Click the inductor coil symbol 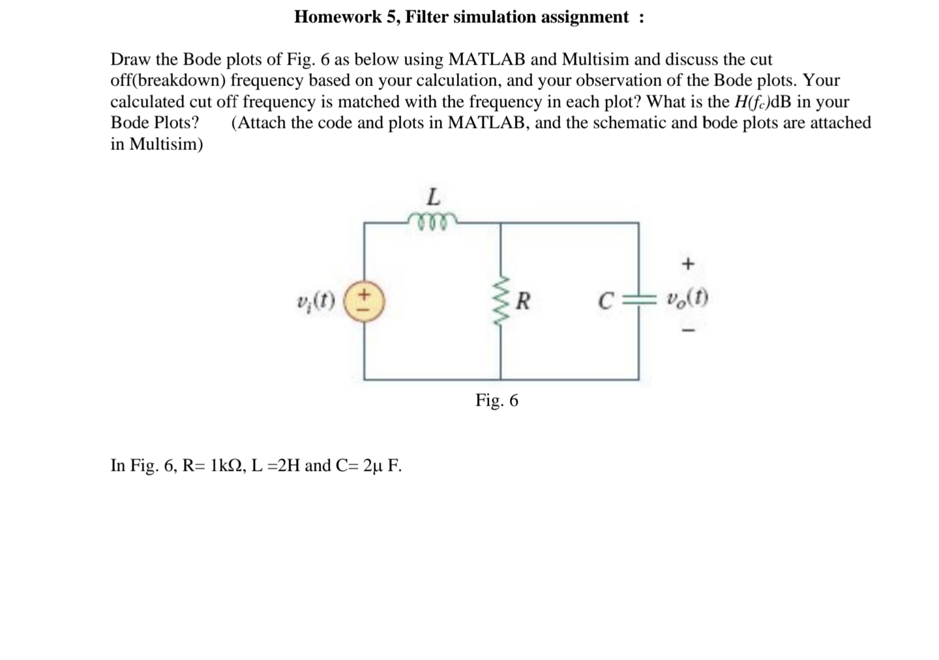[x=432, y=220]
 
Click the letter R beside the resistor [x=524, y=302]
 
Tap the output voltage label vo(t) [x=688, y=298]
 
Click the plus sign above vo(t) [x=688, y=264]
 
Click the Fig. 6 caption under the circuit [x=497, y=400]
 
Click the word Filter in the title [x=426, y=17]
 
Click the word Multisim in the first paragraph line [x=595, y=59]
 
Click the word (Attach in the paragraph [x=258, y=123]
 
